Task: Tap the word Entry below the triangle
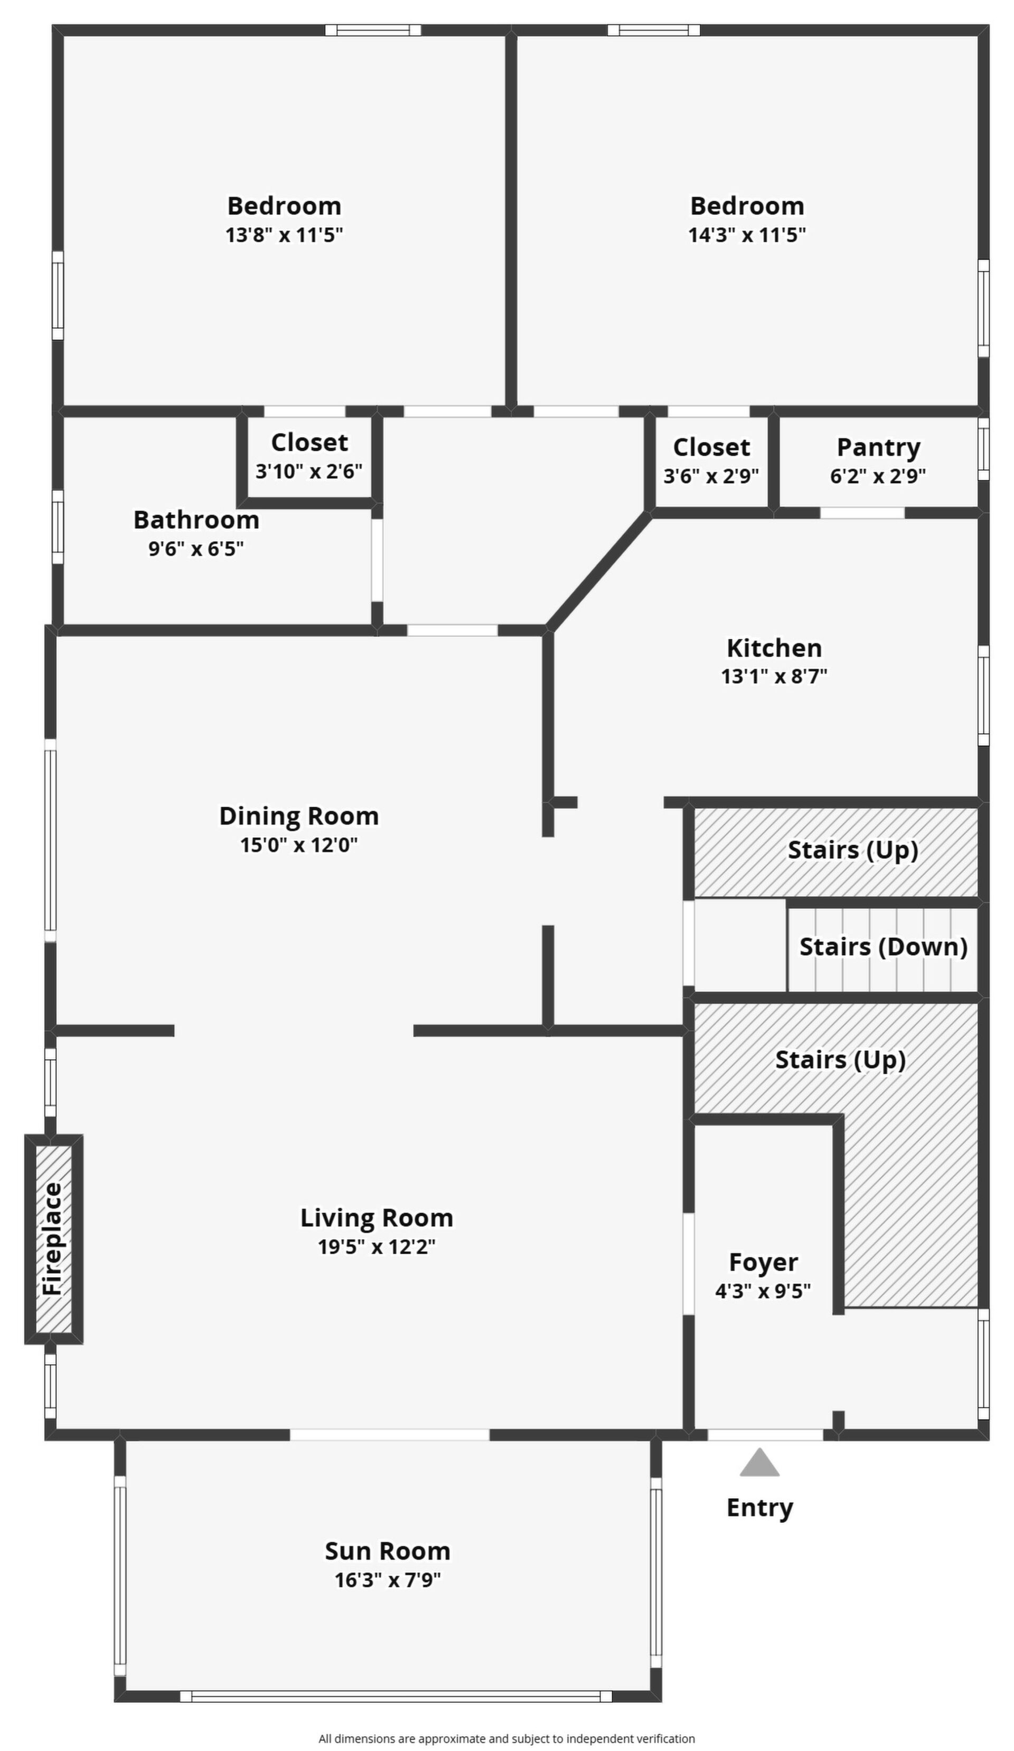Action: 759,1508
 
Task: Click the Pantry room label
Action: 878,447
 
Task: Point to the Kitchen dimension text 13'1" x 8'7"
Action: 774,676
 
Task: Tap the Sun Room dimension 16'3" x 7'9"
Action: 388,1580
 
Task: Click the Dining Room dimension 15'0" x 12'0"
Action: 299,845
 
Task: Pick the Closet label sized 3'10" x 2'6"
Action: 309,442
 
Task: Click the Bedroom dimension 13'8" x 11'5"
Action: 284,235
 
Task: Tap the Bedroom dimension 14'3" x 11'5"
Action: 747,235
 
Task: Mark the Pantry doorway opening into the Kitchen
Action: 862,513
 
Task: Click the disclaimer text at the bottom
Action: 506,1738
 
